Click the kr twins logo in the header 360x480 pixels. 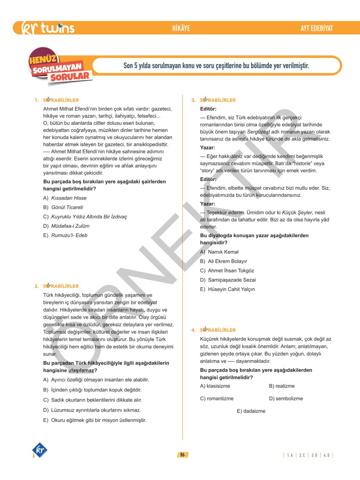pos(48,28)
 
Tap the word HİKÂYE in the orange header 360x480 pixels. pos(181,28)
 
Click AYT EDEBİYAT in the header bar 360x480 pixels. pos(316,28)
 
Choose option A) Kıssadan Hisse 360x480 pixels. pos(65,198)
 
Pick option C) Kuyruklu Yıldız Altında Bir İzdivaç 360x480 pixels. pos(85,217)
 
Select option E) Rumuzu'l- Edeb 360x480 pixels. pos(65,235)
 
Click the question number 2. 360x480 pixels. pos(37,286)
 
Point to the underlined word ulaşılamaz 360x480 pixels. pos(81,370)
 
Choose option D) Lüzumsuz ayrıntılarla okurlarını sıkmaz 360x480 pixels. pos(92,410)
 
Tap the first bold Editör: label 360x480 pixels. pos(208,109)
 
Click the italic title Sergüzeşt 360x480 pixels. pos(258,132)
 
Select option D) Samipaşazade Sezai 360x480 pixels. pos(228,280)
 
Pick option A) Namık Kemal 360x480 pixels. pos(219,252)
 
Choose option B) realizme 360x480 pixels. pos(282,386)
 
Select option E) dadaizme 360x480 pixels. pos(251,411)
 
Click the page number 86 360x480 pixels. pos(182,455)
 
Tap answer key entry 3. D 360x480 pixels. pos(314,455)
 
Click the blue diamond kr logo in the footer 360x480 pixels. pos(40,450)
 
